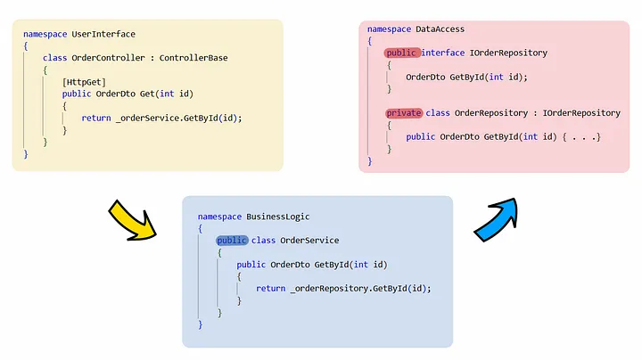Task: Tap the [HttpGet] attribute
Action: [85, 82]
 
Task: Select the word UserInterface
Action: [103, 34]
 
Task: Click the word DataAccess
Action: [440, 29]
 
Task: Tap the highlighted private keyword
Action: [404, 113]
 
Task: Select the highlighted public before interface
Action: [402, 53]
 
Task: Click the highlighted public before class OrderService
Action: [231, 241]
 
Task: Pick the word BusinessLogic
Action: [279, 217]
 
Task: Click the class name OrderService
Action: [309, 241]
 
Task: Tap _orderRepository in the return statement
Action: [329, 289]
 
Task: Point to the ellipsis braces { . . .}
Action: [580, 137]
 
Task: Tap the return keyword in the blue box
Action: [270, 289]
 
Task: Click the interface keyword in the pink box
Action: [443, 53]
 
